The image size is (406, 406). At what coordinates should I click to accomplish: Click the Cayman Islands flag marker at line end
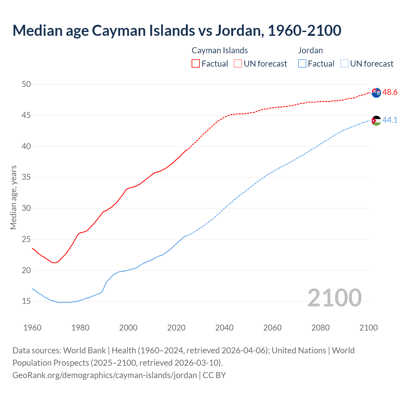point(376,93)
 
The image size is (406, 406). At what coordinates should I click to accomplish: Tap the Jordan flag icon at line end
point(376,121)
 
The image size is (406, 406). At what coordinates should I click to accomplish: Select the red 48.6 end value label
point(390,92)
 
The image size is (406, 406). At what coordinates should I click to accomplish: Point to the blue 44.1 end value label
point(390,120)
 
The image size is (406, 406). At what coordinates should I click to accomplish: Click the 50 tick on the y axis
point(26,84)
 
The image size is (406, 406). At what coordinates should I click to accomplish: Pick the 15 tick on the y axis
point(26,301)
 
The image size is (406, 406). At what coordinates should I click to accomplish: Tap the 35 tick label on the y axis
point(26,177)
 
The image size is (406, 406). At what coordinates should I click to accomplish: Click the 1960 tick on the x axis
point(32,328)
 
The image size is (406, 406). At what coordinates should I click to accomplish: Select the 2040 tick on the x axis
point(224,328)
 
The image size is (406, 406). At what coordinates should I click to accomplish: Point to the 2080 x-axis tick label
point(320,328)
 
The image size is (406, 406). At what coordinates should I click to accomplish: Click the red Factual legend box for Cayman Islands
point(196,64)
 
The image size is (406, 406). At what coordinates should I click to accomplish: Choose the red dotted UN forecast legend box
point(238,64)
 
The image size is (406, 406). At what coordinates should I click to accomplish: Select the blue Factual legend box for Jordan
point(302,64)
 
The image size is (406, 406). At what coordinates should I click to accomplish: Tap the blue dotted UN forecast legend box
point(344,64)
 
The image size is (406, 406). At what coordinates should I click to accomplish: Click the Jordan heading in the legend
point(310,50)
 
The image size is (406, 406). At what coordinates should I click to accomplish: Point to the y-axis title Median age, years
point(13,197)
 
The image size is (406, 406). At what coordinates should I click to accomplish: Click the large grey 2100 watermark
point(334,298)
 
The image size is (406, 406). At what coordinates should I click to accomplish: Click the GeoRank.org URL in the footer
point(105,375)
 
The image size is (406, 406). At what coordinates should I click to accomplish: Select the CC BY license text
point(214,375)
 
